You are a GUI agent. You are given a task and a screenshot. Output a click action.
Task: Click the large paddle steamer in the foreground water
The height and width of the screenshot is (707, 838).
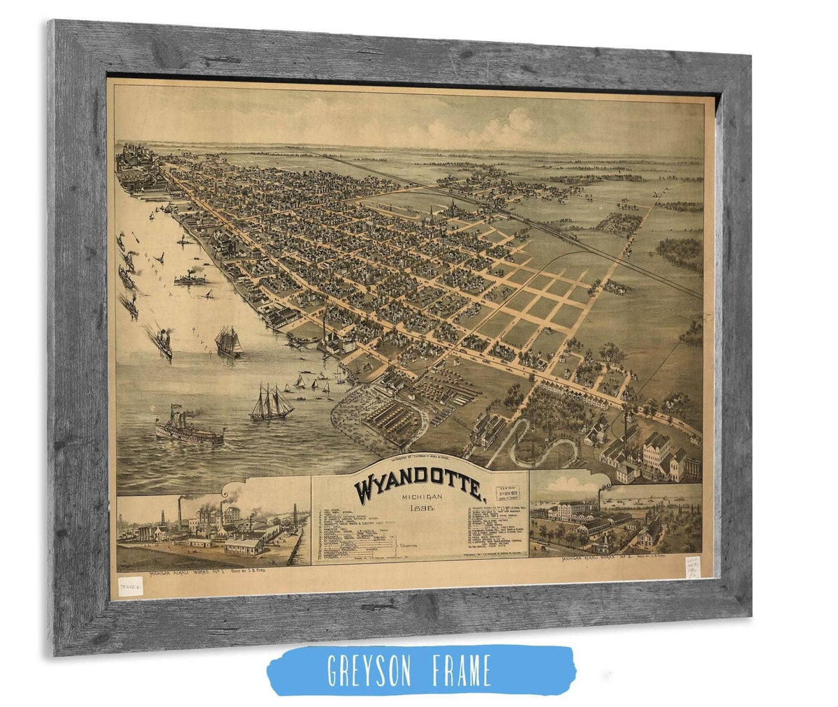click(189, 427)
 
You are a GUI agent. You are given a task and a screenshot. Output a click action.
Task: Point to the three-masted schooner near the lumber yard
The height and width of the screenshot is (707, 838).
click(270, 403)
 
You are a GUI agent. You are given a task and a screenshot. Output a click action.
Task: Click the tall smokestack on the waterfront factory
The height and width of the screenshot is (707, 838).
click(324, 328)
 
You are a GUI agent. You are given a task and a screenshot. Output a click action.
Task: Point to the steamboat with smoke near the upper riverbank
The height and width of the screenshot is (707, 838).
click(189, 277)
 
